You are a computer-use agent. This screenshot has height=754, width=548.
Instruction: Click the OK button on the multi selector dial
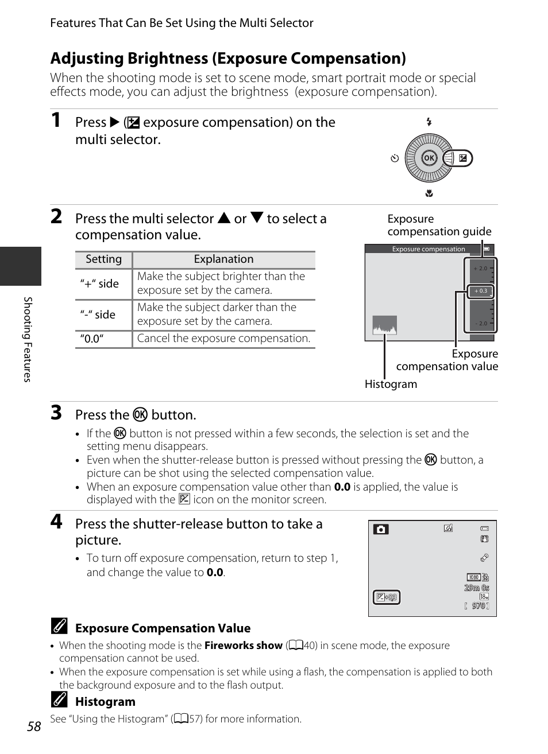point(429,158)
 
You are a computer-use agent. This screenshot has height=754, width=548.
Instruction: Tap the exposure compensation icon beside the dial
point(462,158)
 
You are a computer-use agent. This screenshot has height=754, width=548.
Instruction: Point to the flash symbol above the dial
point(429,122)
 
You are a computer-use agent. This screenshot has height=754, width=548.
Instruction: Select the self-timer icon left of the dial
point(395,158)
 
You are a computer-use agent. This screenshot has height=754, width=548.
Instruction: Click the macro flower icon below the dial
point(429,194)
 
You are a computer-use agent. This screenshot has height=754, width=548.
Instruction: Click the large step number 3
point(56,413)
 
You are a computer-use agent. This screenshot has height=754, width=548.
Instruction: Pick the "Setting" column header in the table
point(103,259)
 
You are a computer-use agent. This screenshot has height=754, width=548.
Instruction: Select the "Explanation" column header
point(223,259)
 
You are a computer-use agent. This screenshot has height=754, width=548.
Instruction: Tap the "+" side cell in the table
point(99,283)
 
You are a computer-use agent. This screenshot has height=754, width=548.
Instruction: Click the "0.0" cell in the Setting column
point(92,339)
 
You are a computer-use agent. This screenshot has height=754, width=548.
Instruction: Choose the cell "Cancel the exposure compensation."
point(223,339)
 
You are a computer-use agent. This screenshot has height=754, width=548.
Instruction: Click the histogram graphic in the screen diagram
point(384,326)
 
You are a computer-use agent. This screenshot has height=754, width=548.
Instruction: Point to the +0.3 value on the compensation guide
point(481,291)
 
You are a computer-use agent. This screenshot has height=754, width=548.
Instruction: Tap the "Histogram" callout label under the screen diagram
point(391,384)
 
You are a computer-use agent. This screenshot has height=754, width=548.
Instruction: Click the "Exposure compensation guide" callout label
point(439,225)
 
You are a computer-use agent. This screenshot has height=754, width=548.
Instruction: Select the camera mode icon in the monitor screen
point(380,529)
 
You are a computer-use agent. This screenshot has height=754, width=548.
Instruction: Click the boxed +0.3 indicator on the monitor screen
point(386,597)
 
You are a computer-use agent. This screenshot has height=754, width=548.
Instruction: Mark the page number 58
point(34,726)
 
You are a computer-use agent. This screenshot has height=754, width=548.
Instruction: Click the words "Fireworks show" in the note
point(243,646)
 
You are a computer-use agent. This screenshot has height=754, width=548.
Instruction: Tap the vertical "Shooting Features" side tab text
point(26,339)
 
